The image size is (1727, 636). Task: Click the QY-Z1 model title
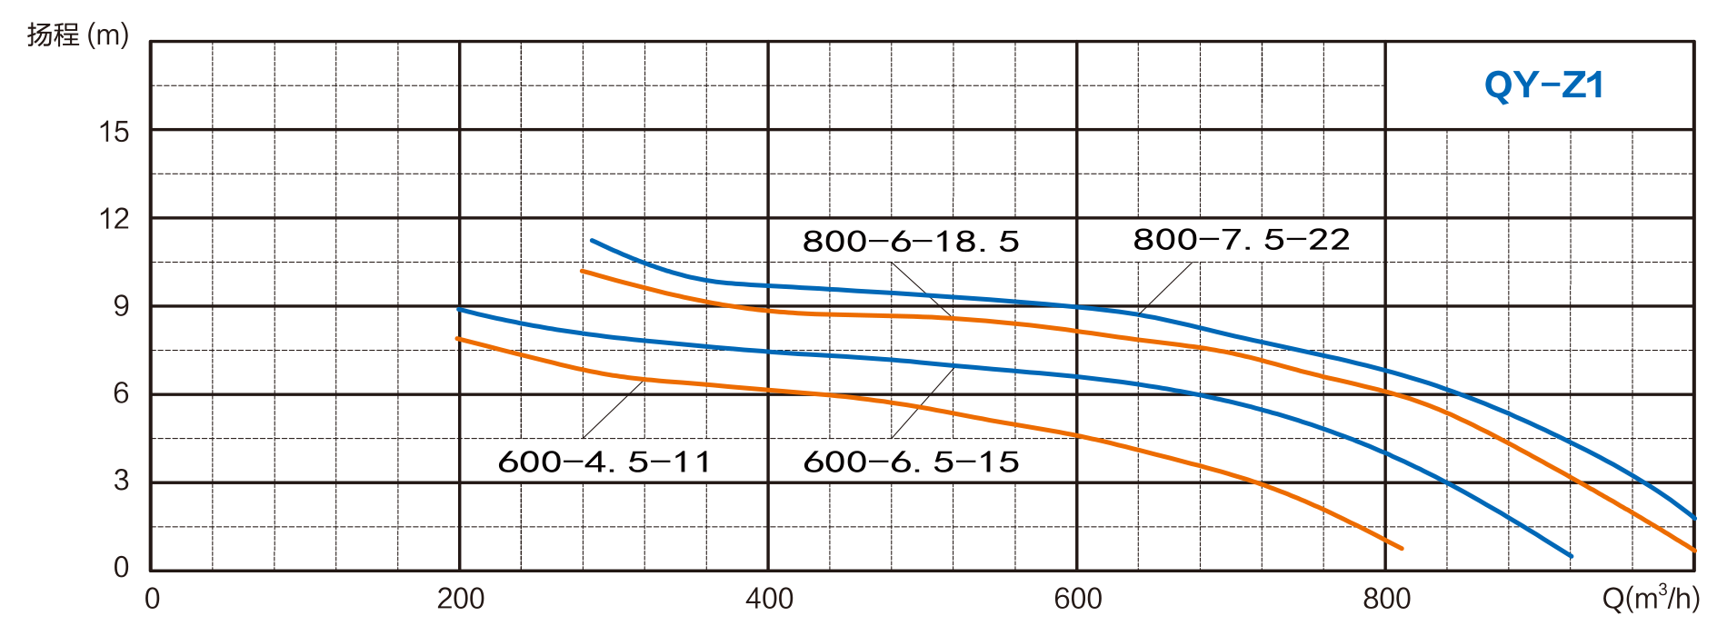[x=1543, y=85]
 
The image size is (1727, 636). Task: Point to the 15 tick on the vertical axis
[x=115, y=133]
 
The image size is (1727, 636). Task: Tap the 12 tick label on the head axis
[x=115, y=219]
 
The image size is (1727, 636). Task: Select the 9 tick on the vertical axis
[x=122, y=306]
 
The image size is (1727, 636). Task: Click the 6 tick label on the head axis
[x=122, y=393]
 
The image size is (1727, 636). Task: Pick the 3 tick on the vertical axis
[x=122, y=481]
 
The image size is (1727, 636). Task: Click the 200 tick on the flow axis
[x=460, y=598]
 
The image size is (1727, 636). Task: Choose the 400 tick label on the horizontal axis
[x=769, y=598]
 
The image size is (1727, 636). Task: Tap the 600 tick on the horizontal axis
[x=1077, y=598]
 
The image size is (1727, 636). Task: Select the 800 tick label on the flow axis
[x=1386, y=598]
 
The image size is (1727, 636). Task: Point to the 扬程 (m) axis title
[x=78, y=36]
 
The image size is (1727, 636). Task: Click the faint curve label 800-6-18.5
[x=911, y=242]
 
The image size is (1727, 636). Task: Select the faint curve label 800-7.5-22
[x=1242, y=240]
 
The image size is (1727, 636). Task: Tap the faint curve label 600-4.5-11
[x=604, y=462]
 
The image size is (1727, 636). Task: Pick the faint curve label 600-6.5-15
[x=911, y=462]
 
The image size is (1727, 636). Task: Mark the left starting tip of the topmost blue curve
[x=592, y=241]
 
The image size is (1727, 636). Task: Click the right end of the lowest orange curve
[x=1402, y=549]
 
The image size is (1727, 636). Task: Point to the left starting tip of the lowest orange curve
[x=456, y=338]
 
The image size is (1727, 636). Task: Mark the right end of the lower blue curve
[x=1572, y=556]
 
